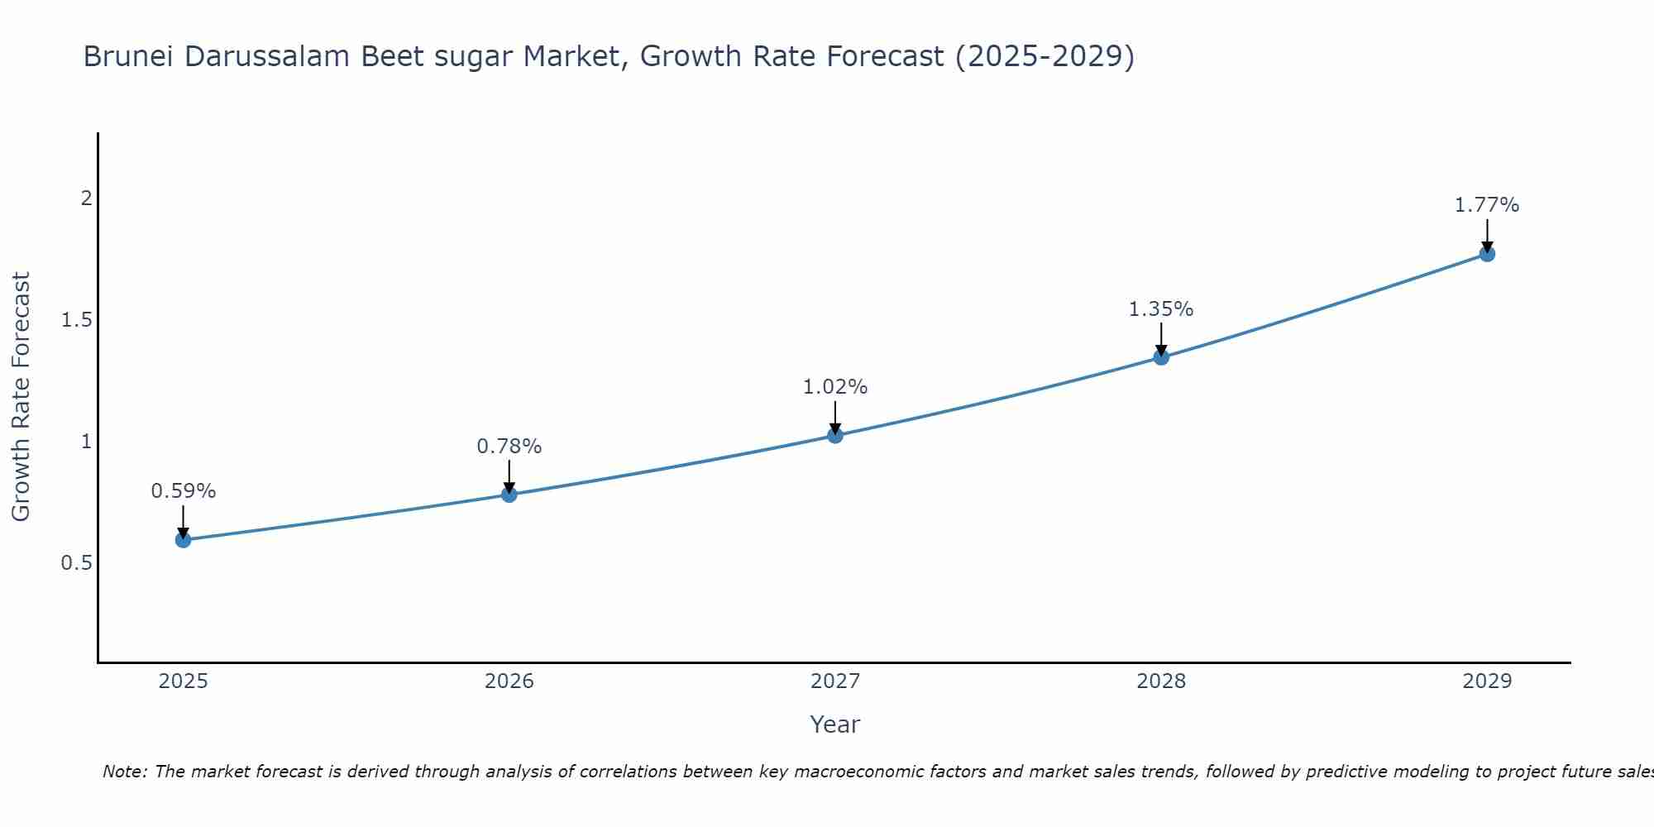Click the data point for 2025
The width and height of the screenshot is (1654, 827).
coord(183,540)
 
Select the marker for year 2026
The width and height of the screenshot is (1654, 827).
coord(509,495)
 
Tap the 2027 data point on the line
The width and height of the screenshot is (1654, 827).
coord(835,435)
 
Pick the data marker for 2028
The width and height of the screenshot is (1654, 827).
coord(1161,357)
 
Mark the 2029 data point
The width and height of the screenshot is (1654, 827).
coord(1487,254)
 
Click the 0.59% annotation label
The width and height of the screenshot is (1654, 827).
coord(183,491)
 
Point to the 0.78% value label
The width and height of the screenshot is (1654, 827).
coord(509,447)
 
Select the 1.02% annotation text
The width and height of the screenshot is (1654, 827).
coord(835,387)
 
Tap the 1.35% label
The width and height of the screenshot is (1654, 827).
coord(1161,309)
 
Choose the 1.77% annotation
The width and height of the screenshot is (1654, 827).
coord(1487,205)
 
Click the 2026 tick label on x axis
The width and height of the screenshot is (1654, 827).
coord(509,681)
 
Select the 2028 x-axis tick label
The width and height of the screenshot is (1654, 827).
coord(1161,681)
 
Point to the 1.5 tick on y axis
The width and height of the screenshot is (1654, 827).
coord(76,320)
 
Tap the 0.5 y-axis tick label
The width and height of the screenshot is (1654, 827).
coord(76,563)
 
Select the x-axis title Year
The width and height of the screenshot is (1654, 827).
coord(835,724)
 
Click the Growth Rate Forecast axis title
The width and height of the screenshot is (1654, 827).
coord(21,397)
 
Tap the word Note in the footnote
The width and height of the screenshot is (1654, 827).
coord(124,772)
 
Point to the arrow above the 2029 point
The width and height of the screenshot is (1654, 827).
coord(1487,235)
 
